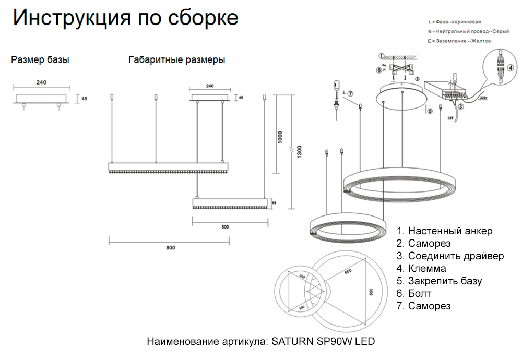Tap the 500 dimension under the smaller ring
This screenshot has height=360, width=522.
tap(226, 227)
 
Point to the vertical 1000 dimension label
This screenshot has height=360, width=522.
tap(280, 137)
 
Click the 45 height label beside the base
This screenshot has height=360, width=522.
tap(85, 98)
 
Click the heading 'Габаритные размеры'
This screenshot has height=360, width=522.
tap(176, 60)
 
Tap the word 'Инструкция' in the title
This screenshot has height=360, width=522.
tap(65, 18)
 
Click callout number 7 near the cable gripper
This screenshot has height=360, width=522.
tap(350, 94)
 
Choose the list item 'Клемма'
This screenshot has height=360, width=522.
tap(427, 269)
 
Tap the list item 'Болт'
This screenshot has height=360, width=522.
tap(420, 294)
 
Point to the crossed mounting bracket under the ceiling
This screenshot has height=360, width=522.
tap(401, 68)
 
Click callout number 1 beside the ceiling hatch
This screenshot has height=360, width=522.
tap(381, 55)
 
